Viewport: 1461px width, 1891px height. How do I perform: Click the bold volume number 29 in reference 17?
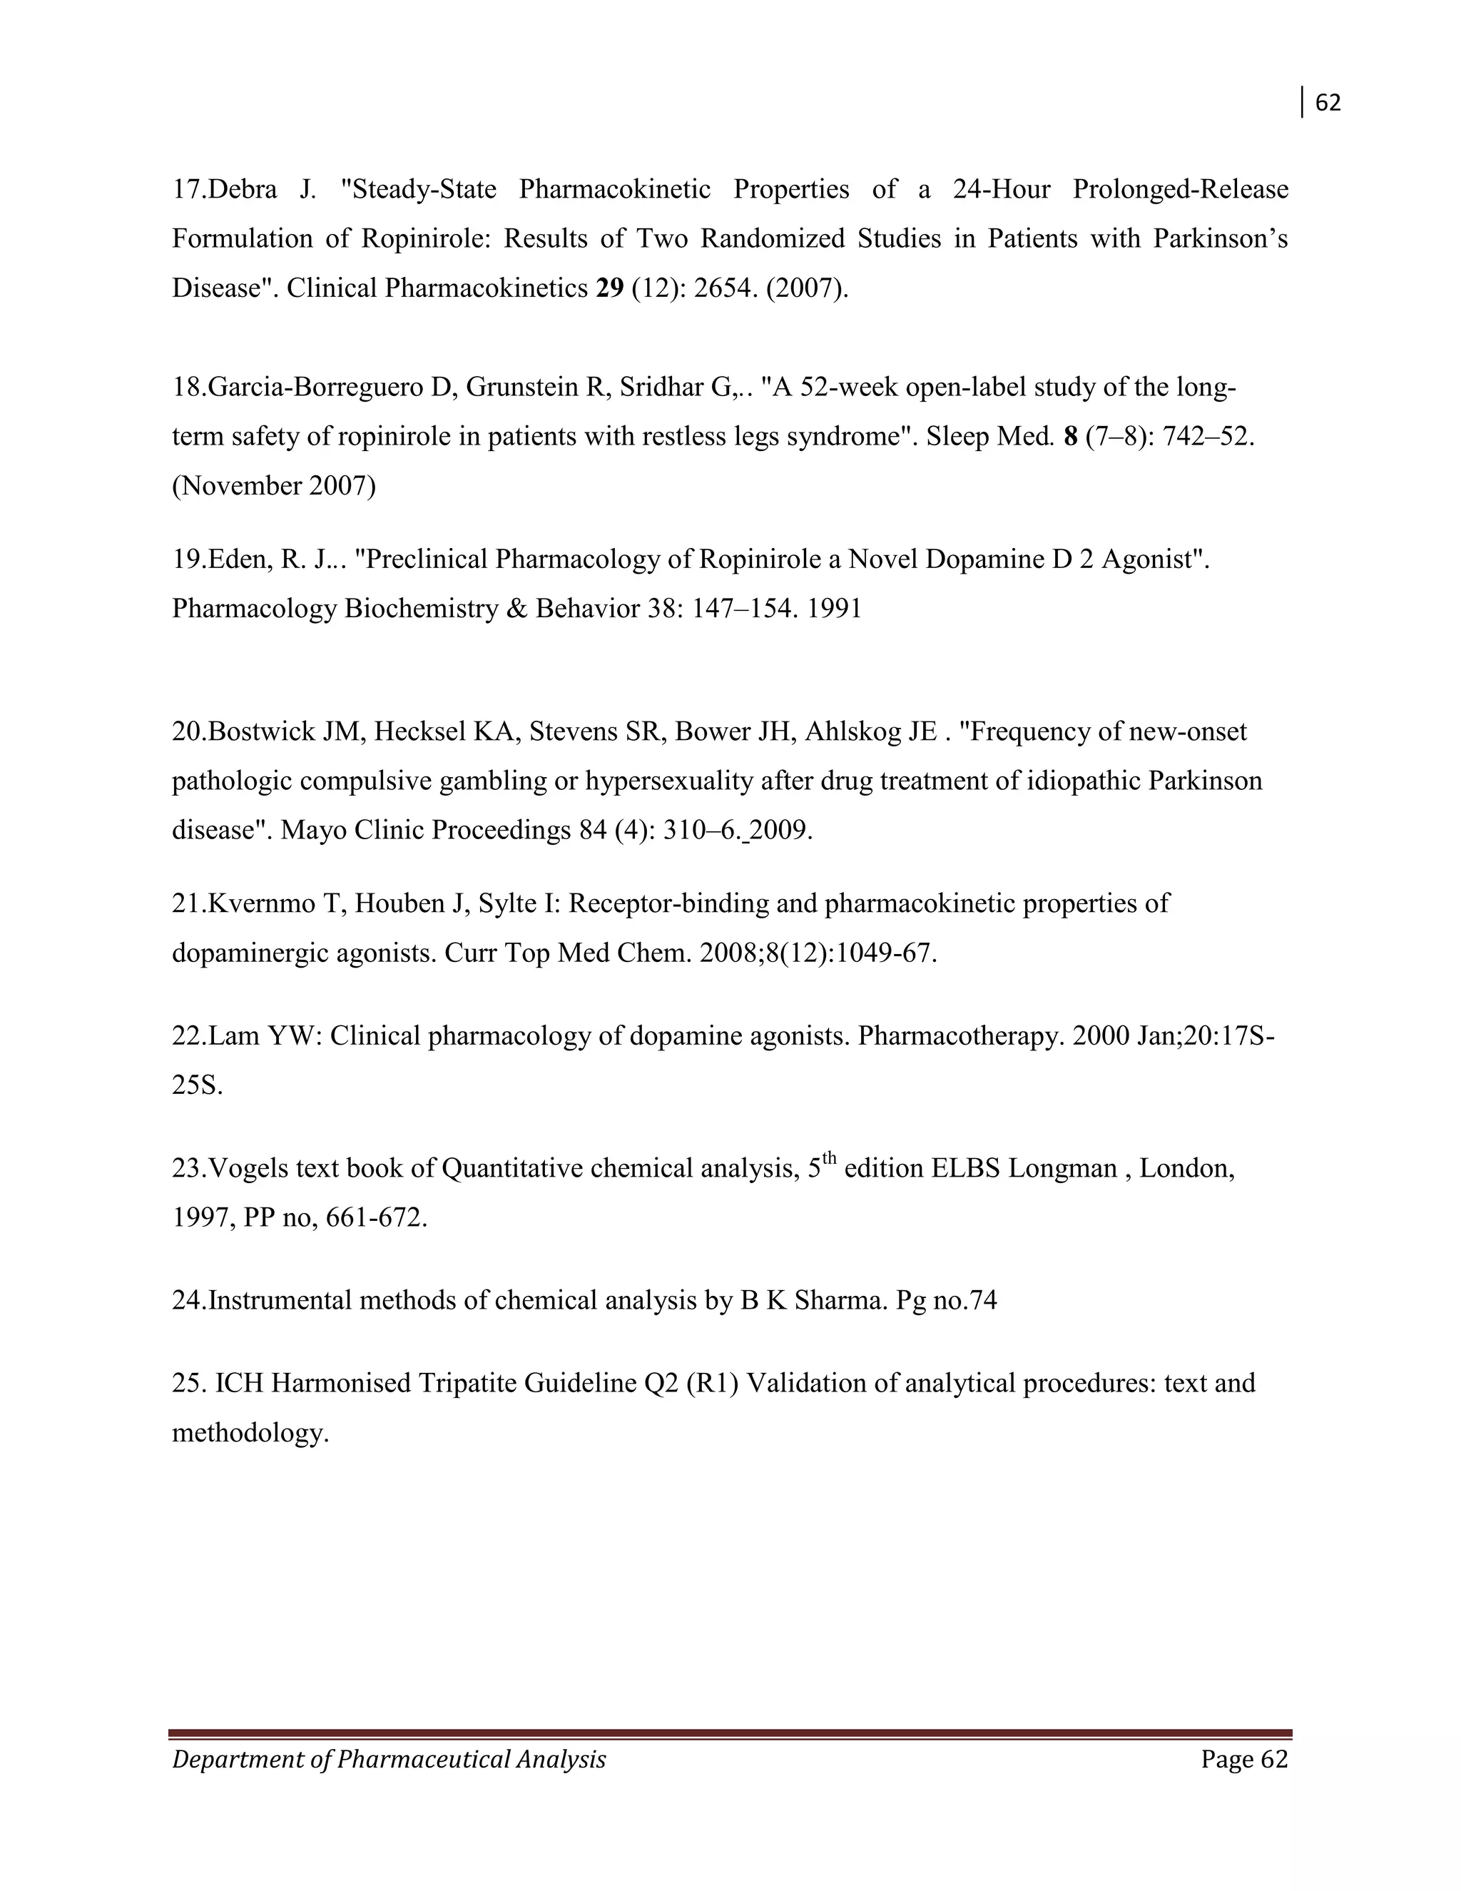(610, 288)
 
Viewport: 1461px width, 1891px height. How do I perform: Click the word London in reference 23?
(1183, 1169)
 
